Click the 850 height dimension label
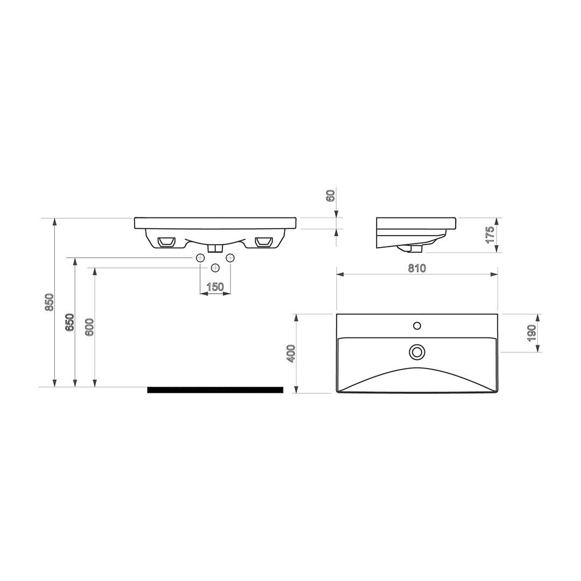[x=50, y=302]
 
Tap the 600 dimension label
[x=90, y=327]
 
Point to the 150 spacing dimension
[x=215, y=286]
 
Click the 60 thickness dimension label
[x=331, y=195]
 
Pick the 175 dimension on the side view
[x=490, y=234]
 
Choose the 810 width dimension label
[x=417, y=268]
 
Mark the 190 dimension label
[x=532, y=333]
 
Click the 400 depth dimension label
[x=291, y=353]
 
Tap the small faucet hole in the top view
[x=417, y=326]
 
